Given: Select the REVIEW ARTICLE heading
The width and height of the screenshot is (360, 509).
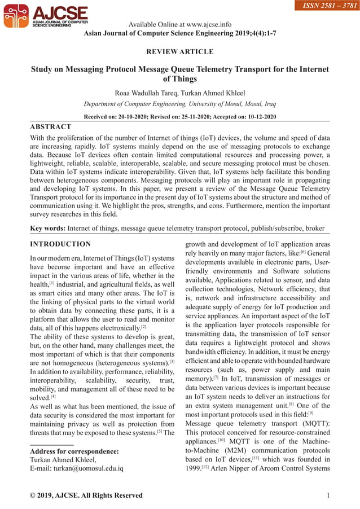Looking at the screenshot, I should (180, 52).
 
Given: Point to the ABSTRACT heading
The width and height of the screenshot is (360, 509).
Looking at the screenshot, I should (51, 127).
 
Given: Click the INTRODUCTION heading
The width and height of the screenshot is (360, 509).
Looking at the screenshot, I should (60, 244).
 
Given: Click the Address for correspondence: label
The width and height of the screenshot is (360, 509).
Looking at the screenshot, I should (74, 451).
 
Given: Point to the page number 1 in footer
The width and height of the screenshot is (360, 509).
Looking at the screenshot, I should (328, 495).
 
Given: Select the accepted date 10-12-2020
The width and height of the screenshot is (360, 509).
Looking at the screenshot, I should (257, 117).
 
